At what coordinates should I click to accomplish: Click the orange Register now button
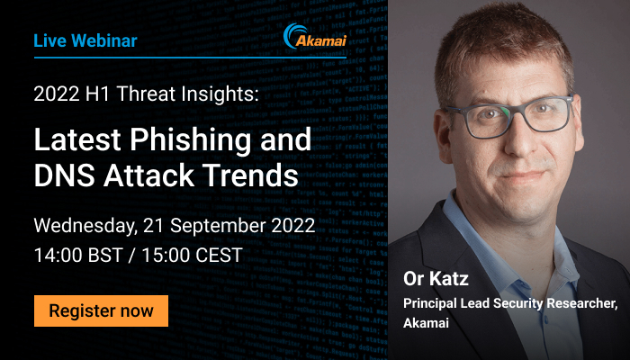[x=101, y=311]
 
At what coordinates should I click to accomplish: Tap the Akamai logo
[x=315, y=36]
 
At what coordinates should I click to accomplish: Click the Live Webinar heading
[x=85, y=41]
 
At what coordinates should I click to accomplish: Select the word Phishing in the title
[x=191, y=139]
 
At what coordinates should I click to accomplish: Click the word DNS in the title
[x=65, y=175]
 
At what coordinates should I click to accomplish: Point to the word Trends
[x=250, y=175]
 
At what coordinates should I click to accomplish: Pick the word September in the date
[x=218, y=226]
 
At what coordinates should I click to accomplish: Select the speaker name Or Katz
[x=436, y=278]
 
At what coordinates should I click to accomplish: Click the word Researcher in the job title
[x=581, y=303]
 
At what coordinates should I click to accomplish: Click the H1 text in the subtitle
[x=98, y=94]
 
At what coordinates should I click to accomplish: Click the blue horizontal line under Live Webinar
[x=190, y=58]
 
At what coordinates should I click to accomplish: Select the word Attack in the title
[x=148, y=175]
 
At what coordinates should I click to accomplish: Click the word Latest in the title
[x=77, y=139]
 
